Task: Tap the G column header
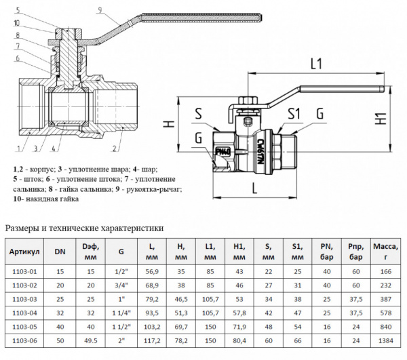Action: point(121,252)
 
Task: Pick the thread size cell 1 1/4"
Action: point(121,315)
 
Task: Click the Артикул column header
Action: point(24,252)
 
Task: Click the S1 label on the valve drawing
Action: point(294,113)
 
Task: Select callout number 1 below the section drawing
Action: point(15,148)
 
